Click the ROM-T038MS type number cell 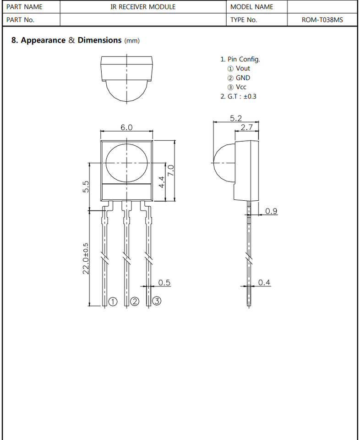pos(322,20)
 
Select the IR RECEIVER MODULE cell pos(143,7)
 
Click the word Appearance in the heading pos(43,40)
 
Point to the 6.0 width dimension pos(126,127)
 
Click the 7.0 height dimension pos(171,170)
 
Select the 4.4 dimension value pos(162,182)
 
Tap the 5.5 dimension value pos(86,187)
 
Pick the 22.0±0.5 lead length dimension pos(86,258)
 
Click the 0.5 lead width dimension pos(164,282)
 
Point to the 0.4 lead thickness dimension pos(264,282)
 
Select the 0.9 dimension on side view pos(271,211)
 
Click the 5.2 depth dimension pos(236,118)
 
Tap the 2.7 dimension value pos(247,127)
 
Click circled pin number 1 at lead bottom pos(113,302)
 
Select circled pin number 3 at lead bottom pos(157,301)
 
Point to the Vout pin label pos(243,68)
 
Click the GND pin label pos(243,78)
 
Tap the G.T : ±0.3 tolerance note pos(238,97)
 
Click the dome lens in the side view pos(224,163)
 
